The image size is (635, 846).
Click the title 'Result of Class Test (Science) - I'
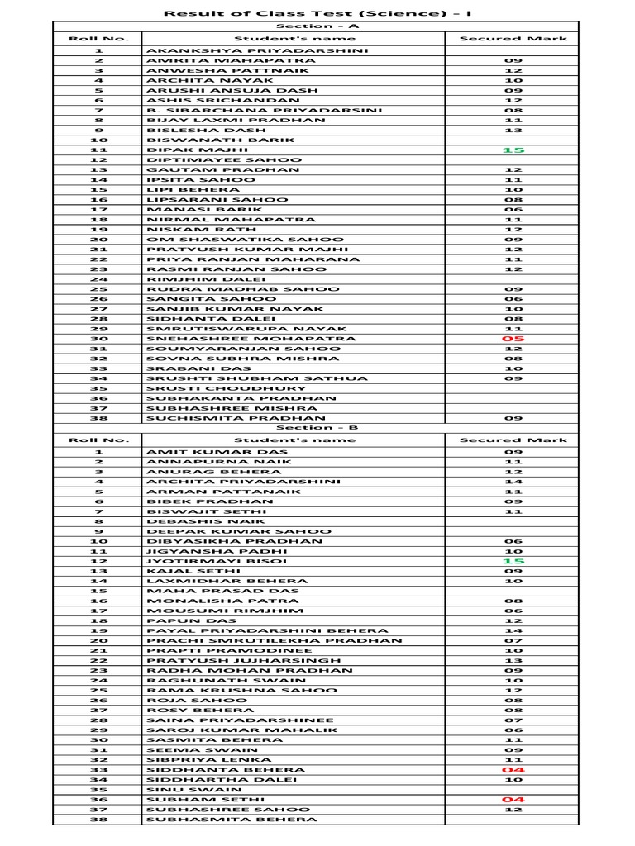point(317,12)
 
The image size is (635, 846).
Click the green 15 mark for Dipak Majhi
point(513,150)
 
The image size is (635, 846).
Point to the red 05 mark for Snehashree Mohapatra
point(513,339)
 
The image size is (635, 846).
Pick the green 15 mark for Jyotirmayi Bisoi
point(513,561)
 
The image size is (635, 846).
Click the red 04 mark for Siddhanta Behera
point(513,770)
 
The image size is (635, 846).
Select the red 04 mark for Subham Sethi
point(513,800)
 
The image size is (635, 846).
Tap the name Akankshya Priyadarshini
point(246,50)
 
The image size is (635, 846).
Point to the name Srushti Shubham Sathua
point(257,378)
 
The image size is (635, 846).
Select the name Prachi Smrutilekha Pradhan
point(275,640)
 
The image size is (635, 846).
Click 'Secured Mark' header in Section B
point(513,440)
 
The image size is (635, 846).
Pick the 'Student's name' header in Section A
point(293,38)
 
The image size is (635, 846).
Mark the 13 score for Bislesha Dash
point(513,130)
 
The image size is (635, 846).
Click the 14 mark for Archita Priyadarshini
point(513,482)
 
